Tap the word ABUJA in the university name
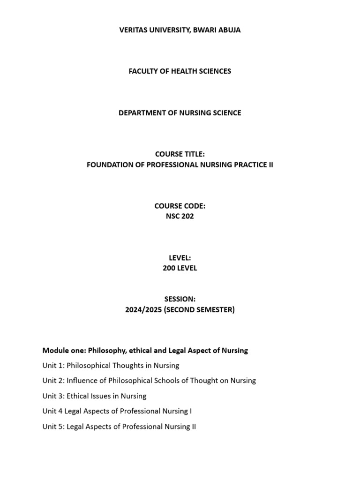pyautogui.click(x=230, y=30)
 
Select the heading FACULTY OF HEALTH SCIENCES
pyautogui.click(x=180, y=71)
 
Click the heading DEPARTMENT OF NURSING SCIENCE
pyautogui.click(x=180, y=112)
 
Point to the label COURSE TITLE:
pyautogui.click(x=180, y=154)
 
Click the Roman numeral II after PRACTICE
pyautogui.click(x=270, y=165)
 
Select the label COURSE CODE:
pyautogui.click(x=180, y=206)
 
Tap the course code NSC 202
pyautogui.click(x=180, y=217)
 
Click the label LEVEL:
pyautogui.click(x=180, y=257)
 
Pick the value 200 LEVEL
pyautogui.click(x=180, y=268)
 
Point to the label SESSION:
pyautogui.click(x=180, y=299)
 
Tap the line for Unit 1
pyautogui.click(x=111, y=365)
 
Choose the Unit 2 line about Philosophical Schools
pyautogui.click(x=149, y=381)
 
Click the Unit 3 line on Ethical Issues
pyautogui.click(x=94, y=396)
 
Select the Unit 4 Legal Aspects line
pyautogui.click(x=117, y=411)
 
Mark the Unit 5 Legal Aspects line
pyautogui.click(x=119, y=427)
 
